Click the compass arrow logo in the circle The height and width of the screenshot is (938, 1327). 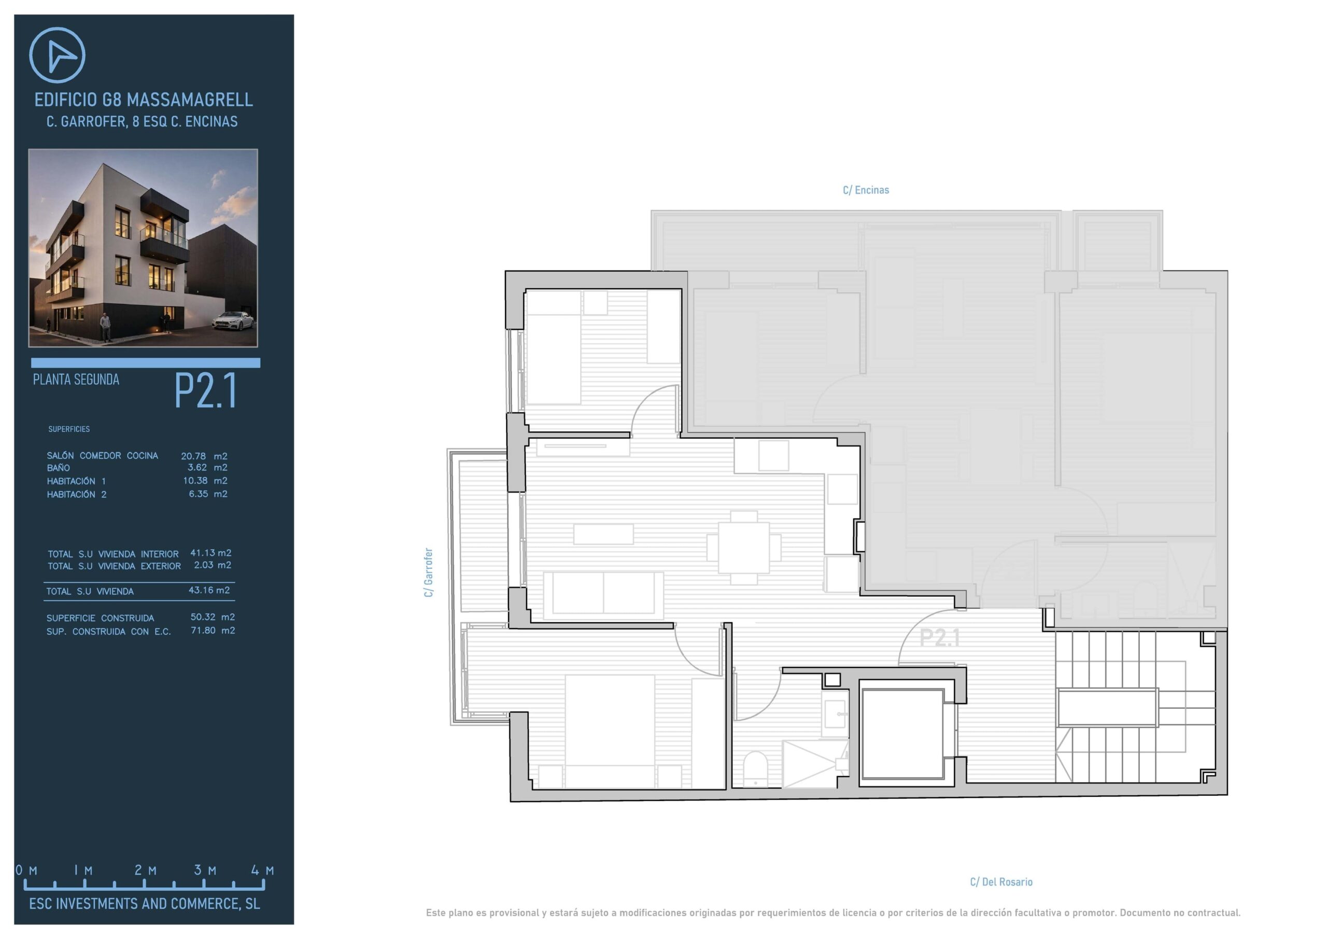(57, 55)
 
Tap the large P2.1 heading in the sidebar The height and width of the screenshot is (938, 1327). (206, 391)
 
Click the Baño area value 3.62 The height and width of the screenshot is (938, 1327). (197, 467)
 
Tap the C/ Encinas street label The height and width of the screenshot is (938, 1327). (866, 190)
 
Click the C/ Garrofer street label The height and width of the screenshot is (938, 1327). (428, 572)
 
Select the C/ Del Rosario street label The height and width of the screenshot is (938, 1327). (1001, 882)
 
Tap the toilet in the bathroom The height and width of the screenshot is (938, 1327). (755, 768)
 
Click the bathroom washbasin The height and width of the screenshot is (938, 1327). (834, 716)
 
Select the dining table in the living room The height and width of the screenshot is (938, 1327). (744, 547)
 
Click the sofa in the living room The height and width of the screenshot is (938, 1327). (603, 593)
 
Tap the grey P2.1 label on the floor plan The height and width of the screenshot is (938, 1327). (940, 638)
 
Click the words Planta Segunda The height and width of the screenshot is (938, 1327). (76, 380)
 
